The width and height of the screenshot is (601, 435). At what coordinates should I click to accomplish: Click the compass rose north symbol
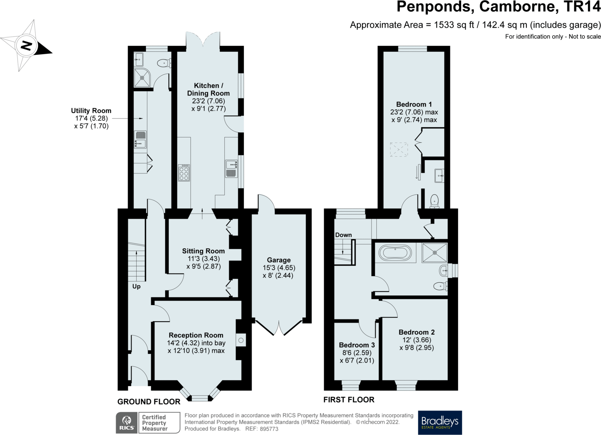26,46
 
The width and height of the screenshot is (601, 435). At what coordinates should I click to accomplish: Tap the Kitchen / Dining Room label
208,89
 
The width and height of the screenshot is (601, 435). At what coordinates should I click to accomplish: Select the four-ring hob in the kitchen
184,173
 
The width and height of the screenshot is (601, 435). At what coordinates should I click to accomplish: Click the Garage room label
279,260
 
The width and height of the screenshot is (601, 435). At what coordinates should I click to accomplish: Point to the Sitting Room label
203,251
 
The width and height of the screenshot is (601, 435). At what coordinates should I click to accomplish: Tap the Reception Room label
196,335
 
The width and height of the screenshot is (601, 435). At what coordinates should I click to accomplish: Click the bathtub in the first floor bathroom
395,253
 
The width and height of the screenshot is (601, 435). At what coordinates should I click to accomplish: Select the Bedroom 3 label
357,345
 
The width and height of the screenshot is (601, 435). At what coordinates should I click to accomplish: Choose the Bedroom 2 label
417,332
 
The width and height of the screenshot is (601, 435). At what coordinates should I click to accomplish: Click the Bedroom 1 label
414,104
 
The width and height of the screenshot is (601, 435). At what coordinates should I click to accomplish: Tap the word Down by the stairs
343,235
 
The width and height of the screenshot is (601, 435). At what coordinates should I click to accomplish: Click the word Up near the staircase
136,287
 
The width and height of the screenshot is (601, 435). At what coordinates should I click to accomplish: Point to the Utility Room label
91,111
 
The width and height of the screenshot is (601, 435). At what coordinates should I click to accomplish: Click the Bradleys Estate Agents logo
440,422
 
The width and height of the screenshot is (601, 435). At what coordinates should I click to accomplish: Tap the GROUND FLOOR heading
149,402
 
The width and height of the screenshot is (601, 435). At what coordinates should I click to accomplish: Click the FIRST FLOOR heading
349,400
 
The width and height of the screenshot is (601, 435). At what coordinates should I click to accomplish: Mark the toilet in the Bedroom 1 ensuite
435,201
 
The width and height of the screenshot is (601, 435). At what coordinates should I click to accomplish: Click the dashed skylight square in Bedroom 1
399,150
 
